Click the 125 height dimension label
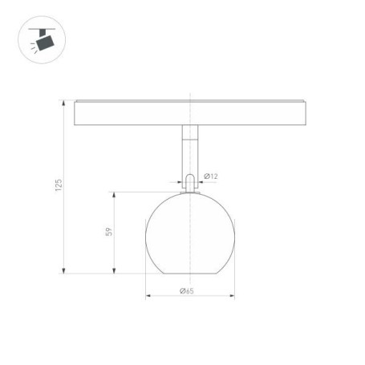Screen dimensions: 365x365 click(59, 185)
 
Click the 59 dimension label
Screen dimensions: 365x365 click(109, 232)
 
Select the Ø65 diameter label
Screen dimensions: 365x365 click(187, 290)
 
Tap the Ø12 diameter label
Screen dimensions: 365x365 click(212, 176)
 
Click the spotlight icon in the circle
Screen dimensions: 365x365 click(39, 39)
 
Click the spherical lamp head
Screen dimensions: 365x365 click(189, 233)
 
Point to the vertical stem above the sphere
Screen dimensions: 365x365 click(189, 152)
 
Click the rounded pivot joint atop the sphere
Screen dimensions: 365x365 click(189, 183)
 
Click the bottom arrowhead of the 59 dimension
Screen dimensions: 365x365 click(117, 270)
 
